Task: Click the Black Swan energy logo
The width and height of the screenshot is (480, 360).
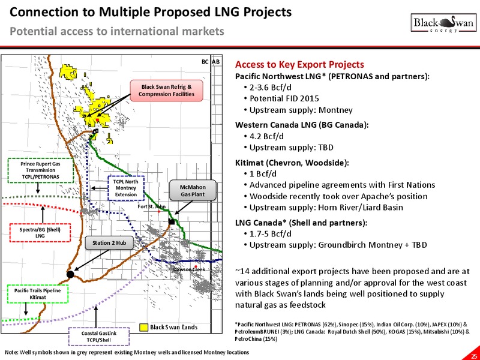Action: point(443,23)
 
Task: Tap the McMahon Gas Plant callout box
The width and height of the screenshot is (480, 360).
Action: point(193,191)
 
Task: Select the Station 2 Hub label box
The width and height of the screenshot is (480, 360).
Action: point(109,243)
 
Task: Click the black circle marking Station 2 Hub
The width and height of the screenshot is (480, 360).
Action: point(70,274)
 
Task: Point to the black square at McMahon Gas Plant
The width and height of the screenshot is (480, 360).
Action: point(172,221)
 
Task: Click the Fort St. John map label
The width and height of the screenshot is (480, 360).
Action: point(152,206)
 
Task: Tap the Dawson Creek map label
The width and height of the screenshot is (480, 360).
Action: point(189,269)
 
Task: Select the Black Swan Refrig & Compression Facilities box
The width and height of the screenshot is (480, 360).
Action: point(167,91)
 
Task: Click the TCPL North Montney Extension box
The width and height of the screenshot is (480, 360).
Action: point(126,188)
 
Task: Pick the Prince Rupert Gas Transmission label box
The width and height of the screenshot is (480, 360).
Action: point(40,170)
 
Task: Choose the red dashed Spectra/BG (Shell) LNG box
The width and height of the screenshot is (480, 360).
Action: point(40,233)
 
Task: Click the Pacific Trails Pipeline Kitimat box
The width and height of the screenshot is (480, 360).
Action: point(37,294)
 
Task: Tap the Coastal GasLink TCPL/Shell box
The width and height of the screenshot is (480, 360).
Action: point(98,337)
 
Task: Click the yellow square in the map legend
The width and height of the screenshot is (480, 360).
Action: point(143,328)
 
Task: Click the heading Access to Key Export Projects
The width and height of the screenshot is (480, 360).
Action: point(299,65)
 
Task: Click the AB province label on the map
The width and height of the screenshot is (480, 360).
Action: point(216,62)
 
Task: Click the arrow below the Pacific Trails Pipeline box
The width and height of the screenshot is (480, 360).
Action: point(26,309)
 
